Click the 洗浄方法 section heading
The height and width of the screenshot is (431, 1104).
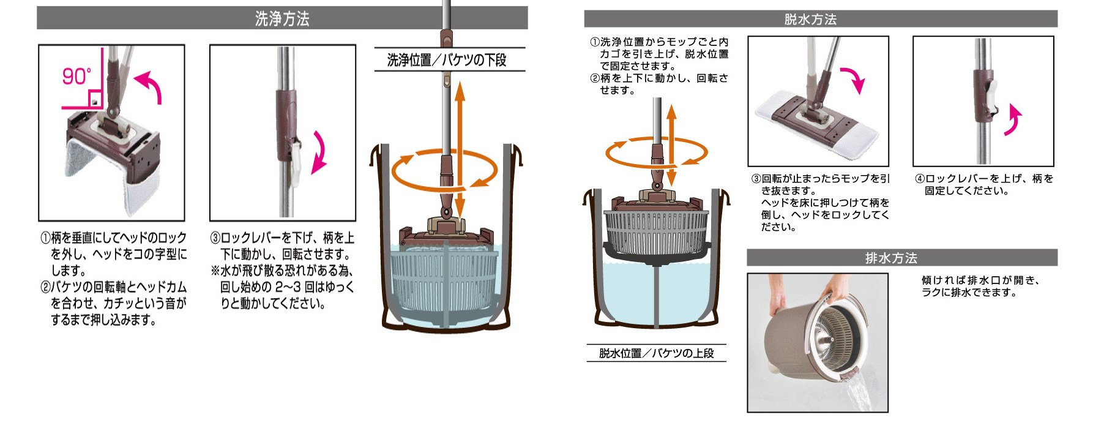[282, 18]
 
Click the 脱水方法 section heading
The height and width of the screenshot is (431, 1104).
[810, 19]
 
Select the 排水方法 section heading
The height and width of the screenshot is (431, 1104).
[891, 258]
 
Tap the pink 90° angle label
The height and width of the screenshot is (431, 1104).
[76, 77]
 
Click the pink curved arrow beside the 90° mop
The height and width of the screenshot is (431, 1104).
[149, 86]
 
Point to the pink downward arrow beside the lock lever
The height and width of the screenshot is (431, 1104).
[319, 152]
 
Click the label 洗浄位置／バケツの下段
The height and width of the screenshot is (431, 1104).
[447, 60]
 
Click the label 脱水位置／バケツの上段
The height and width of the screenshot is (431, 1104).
[656, 353]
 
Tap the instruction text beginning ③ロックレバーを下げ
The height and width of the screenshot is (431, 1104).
[282, 270]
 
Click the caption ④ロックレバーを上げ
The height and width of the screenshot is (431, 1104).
[984, 184]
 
